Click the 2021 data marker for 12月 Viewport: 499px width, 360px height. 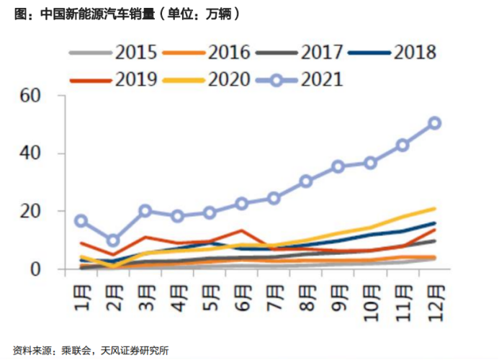point(434,123)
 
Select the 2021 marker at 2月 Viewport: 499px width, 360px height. point(113,240)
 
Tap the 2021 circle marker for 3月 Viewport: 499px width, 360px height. point(145,211)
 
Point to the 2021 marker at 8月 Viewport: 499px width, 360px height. point(306,181)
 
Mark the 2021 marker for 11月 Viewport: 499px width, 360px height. point(403,145)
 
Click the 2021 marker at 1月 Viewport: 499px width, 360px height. point(81,221)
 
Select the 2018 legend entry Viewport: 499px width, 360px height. point(392,53)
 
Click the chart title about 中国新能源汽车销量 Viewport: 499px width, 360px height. point(127,14)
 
